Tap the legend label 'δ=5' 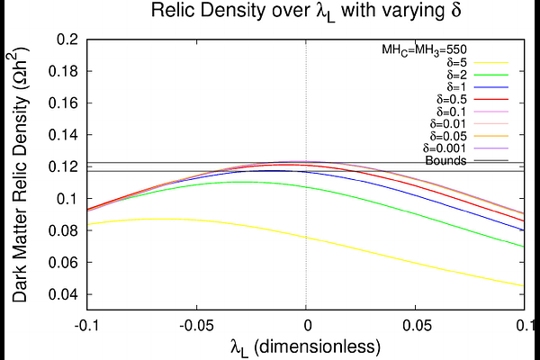(x=454, y=63)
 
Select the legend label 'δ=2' (x=454, y=79)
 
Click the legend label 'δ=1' (x=454, y=95)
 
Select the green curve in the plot (x=414, y=214)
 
